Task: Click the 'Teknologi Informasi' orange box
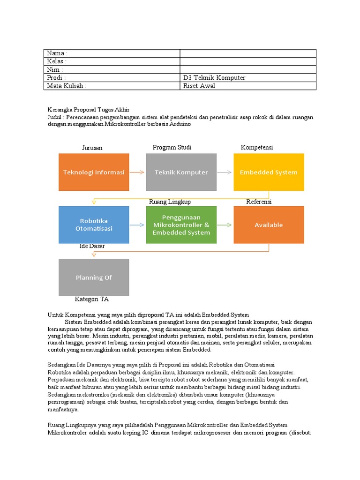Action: click(94, 172)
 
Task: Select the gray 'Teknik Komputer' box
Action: click(181, 172)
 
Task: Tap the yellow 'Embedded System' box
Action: click(269, 172)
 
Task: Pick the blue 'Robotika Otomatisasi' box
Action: click(94, 225)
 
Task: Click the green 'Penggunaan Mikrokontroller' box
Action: click(181, 225)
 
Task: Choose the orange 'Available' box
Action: click(269, 225)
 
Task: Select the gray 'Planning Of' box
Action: click(94, 277)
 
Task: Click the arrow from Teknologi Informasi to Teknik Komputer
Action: click(137, 172)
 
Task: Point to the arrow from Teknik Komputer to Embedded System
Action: click(225, 172)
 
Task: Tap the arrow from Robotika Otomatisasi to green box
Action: click(137, 225)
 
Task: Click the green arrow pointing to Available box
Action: click(225, 225)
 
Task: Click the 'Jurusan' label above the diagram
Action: click(92, 148)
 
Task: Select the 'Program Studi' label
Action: click(172, 147)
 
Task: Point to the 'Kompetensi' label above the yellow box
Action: click(257, 147)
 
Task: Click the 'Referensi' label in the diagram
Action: click(259, 202)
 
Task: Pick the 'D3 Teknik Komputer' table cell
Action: click(214, 78)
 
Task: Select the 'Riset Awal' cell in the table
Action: click(199, 86)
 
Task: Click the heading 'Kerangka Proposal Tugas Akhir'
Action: click(89, 109)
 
